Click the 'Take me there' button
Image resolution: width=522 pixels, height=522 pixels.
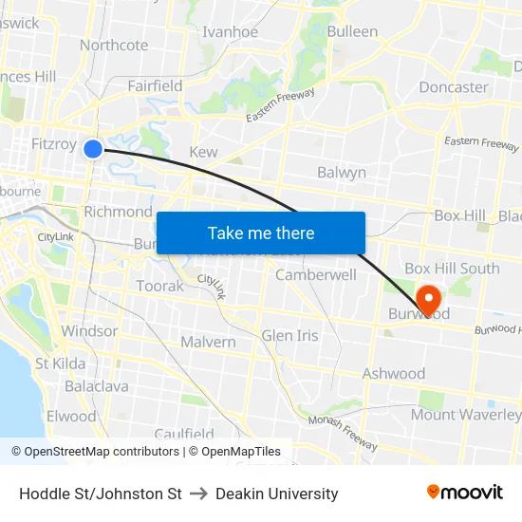261,233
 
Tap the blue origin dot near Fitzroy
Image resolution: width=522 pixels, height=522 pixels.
93,149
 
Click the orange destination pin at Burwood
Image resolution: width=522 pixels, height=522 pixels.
427,300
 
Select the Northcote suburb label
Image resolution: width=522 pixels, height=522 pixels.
114,45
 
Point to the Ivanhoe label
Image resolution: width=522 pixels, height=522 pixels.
230,31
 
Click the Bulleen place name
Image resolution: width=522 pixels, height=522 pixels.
352,31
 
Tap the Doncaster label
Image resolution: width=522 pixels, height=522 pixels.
454,86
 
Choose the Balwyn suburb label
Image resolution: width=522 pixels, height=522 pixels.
342,173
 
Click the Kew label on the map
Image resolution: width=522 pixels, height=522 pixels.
203,152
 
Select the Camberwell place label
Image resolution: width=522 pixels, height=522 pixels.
316,275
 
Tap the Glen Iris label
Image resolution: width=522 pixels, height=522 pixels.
289,335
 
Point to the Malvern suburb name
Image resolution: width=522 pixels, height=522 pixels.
208,342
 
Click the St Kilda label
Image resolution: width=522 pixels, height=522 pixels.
61,364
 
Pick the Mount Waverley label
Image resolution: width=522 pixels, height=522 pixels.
465,415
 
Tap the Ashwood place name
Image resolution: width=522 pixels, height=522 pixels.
394,374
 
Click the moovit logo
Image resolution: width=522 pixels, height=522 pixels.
465,493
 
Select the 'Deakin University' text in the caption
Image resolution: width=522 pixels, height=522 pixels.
276,494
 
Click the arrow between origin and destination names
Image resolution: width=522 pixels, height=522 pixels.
198,494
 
